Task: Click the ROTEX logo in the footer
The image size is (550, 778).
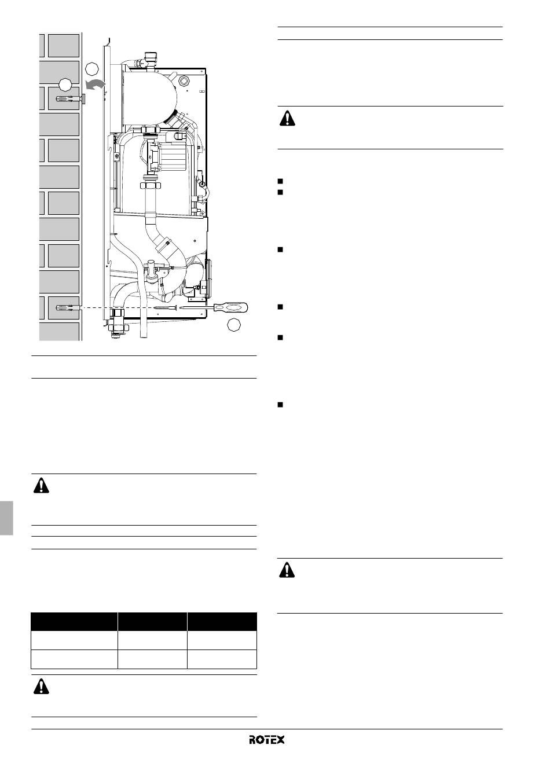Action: pyautogui.click(x=266, y=739)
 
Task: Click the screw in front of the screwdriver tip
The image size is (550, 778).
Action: pyautogui.click(x=164, y=307)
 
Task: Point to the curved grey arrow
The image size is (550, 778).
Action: pyautogui.click(x=95, y=85)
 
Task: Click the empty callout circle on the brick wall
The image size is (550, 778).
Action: pyautogui.click(x=65, y=85)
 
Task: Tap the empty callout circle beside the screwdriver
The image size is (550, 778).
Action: pyautogui.click(x=234, y=324)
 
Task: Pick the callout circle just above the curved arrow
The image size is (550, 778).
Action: pyautogui.click(x=91, y=69)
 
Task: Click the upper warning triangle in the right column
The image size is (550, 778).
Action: pyautogui.click(x=287, y=118)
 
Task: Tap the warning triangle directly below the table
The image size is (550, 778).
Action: pyautogui.click(x=41, y=686)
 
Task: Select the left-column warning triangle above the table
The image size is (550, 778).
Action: pyautogui.click(x=41, y=485)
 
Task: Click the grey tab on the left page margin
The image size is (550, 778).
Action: pyautogui.click(x=6, y=518)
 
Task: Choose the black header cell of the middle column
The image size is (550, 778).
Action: pyautogui.click(x=152, y=622)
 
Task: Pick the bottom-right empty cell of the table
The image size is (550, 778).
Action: pyautogui.click(x=222, y=659)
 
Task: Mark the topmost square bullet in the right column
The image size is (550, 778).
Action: pyautogui.click(x=280, y=181)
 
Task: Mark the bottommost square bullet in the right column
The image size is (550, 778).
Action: pyautogui.click(x=280, y=405)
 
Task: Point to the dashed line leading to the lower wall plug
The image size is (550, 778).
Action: pyautogui.click(x=116, y=308)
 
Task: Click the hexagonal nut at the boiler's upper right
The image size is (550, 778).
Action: pyautogui.click(x=183, y=82)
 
